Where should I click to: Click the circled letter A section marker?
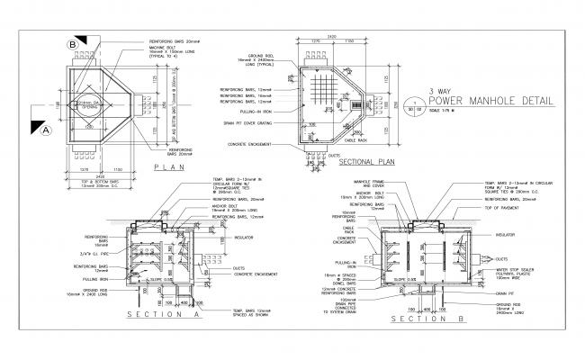point(42,130)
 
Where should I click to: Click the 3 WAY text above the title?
point(440,92)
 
